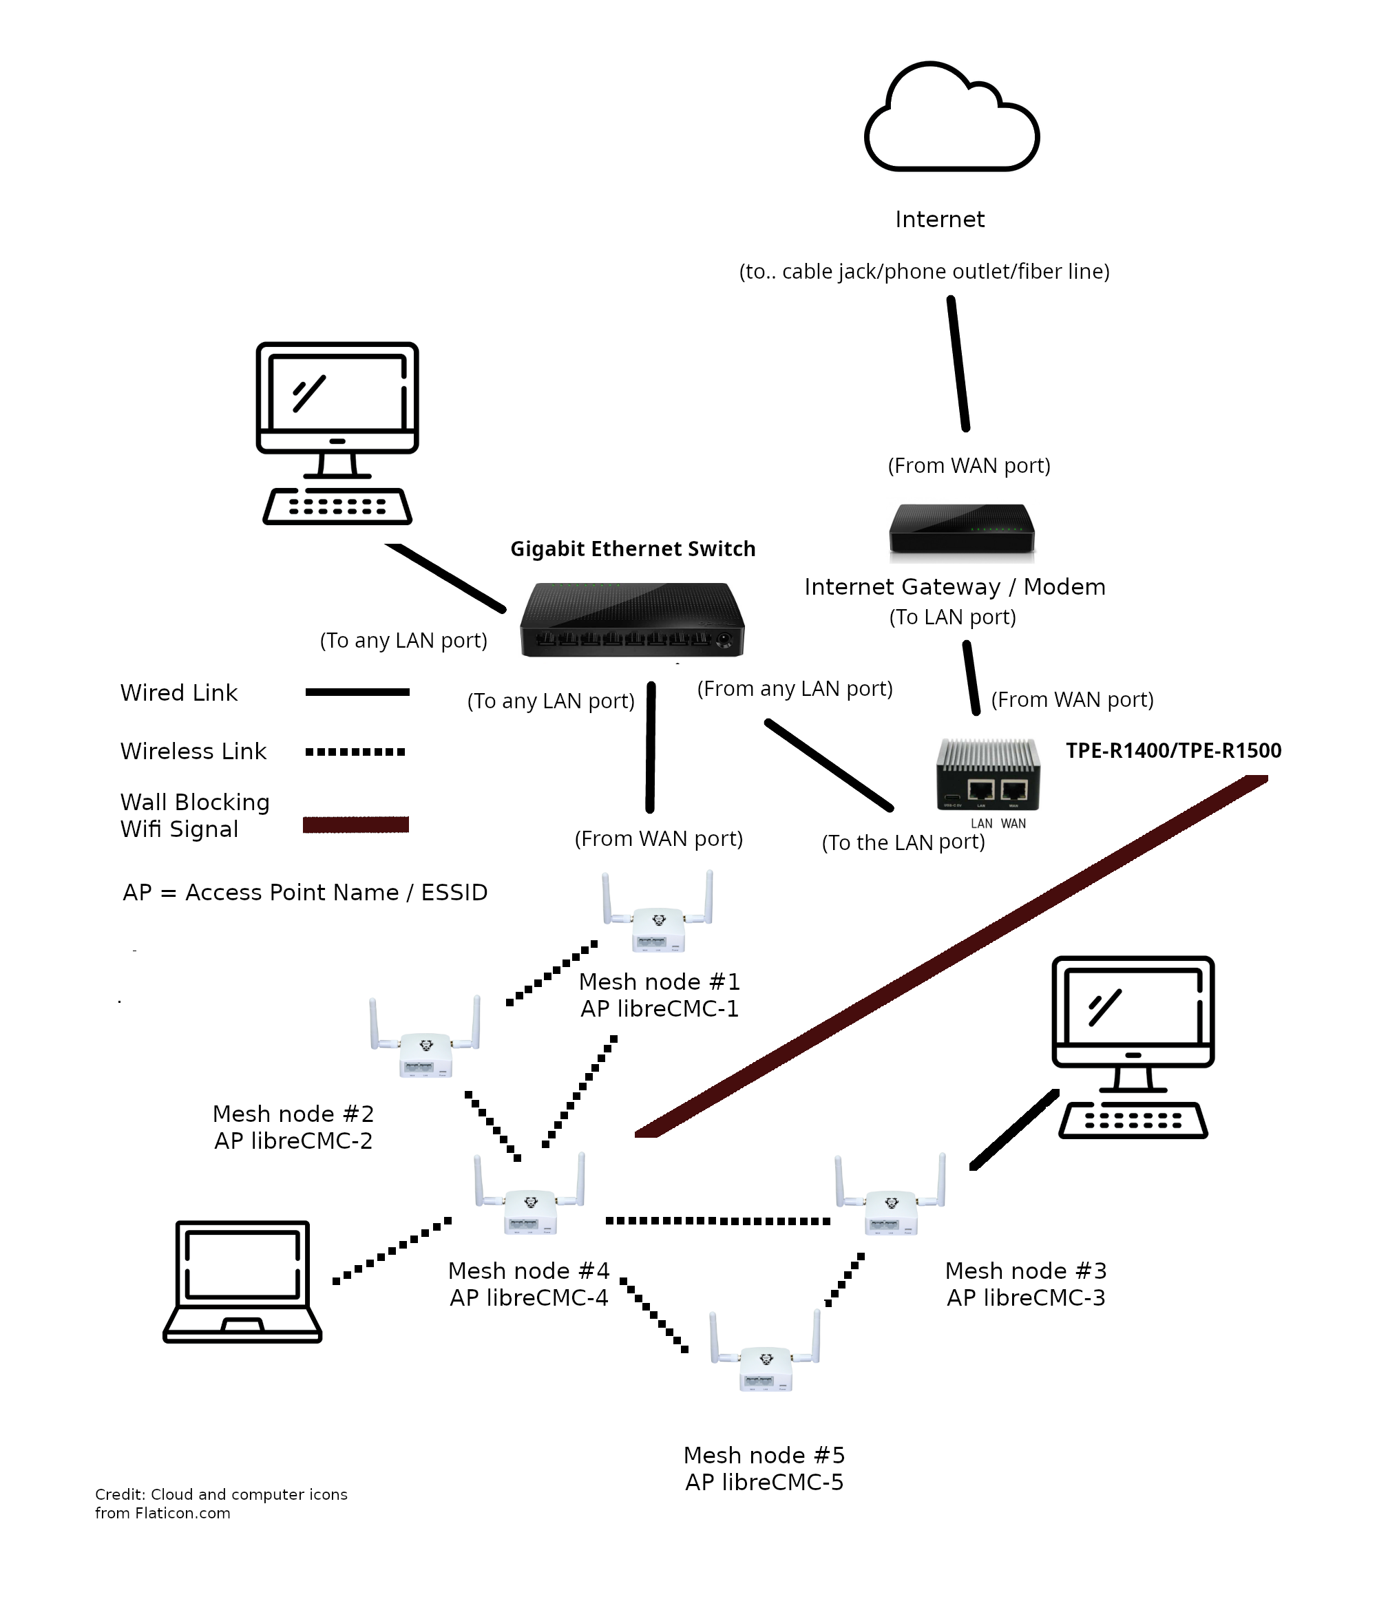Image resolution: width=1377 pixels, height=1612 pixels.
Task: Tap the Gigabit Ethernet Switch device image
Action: coord(631,619)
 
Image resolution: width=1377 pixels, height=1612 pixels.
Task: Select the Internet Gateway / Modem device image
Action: coord(961,531)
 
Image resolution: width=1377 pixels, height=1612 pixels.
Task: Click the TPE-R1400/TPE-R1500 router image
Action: coord(987,775)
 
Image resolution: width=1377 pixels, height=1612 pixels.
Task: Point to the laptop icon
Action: coord(242,1280)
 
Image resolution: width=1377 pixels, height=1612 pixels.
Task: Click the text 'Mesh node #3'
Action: coord(1025,1271)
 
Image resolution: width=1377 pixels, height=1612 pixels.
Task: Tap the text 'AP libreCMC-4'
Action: coord(529,1297)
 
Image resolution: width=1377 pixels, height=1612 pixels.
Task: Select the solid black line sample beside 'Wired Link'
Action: coord(357,692)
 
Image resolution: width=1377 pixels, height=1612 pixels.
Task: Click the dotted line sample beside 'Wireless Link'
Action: coord(355,752)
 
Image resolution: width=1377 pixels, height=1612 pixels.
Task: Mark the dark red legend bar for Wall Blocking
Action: coord(356,825)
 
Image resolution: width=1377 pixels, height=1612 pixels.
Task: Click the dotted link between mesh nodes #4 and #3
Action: coord(717,1220)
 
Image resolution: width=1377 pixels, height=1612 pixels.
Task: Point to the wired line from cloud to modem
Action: coord(958,363)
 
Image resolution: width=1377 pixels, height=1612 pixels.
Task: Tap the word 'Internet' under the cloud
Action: coord(940,220)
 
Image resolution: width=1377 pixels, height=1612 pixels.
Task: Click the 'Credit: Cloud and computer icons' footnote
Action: coord(221,1494)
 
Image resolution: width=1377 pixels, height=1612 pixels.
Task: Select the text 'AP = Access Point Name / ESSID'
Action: coord(305,892)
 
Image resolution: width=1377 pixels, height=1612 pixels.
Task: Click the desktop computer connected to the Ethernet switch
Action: coord(337,432)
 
